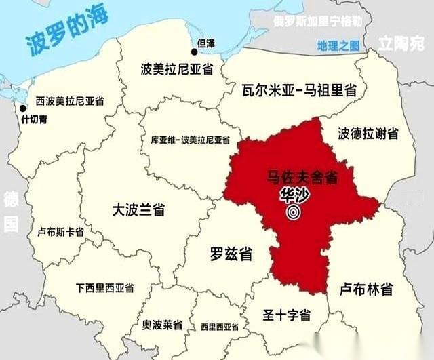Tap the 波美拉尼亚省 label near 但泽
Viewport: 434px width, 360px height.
[x=177, y=69]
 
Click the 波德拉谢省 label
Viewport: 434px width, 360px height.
[x=368, y=134]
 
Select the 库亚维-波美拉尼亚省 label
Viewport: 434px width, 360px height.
[x=190, y=140]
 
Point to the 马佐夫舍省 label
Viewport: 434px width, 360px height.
[x=302, y=179]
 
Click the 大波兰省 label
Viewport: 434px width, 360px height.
[x=139, y=209]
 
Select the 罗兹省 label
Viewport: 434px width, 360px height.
[x=231, y=255]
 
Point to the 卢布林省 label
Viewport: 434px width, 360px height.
[x=366, y=289]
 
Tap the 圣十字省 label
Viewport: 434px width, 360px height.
[x=287, y=315]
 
